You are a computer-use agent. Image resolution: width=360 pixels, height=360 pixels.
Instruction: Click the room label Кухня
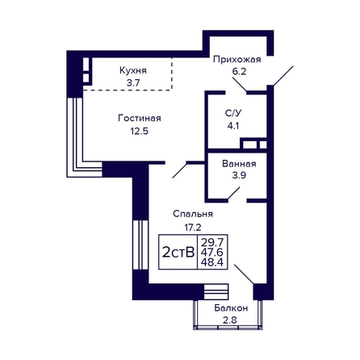tap(133, 71)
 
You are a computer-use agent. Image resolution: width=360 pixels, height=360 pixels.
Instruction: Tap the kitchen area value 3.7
tap(133, 83)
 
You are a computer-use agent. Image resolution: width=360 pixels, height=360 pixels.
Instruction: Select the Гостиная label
tap(140, 119)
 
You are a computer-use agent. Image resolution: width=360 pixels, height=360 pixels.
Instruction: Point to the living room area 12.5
tap(140, 132)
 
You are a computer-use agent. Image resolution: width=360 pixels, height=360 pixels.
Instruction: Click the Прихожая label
tap(237, 59)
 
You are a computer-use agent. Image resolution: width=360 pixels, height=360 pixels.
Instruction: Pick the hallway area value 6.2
tap(239, 72)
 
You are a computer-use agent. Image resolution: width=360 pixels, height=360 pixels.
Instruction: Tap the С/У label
tap(233, 114)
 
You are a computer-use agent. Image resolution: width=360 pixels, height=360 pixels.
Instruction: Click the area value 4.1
tap(233, 126)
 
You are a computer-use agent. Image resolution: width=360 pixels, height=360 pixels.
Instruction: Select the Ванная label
tap(239, 164)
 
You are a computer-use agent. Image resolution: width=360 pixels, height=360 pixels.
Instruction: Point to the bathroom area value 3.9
tap(239, 176)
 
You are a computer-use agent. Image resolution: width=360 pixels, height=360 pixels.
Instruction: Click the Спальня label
tap(193, 214)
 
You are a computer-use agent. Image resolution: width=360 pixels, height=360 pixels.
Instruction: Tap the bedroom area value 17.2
tap(193, 228)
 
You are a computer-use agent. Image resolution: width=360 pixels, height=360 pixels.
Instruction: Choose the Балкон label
tap(231, 308)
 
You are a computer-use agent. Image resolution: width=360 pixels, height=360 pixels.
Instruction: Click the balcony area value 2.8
tap(230, 320)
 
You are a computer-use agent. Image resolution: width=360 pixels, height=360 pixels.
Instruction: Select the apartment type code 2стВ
tap(178, 253)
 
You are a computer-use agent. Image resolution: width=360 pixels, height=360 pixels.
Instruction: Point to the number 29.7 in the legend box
tap(212, 242)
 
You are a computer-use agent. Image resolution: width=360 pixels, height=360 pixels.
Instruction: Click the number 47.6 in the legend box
tap(212, 253)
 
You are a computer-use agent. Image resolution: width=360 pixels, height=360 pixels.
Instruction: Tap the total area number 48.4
tap(212, 262)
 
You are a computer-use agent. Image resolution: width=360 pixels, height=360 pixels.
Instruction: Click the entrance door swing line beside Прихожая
tap(283, 76)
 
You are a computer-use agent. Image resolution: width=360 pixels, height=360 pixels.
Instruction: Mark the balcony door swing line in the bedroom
tap(244, 274)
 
